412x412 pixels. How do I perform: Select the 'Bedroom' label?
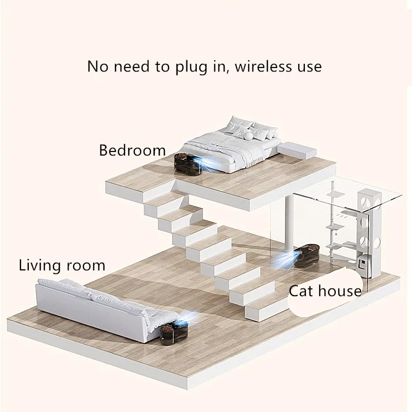132,150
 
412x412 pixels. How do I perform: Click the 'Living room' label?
62,266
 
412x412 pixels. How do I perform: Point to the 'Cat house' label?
325,291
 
